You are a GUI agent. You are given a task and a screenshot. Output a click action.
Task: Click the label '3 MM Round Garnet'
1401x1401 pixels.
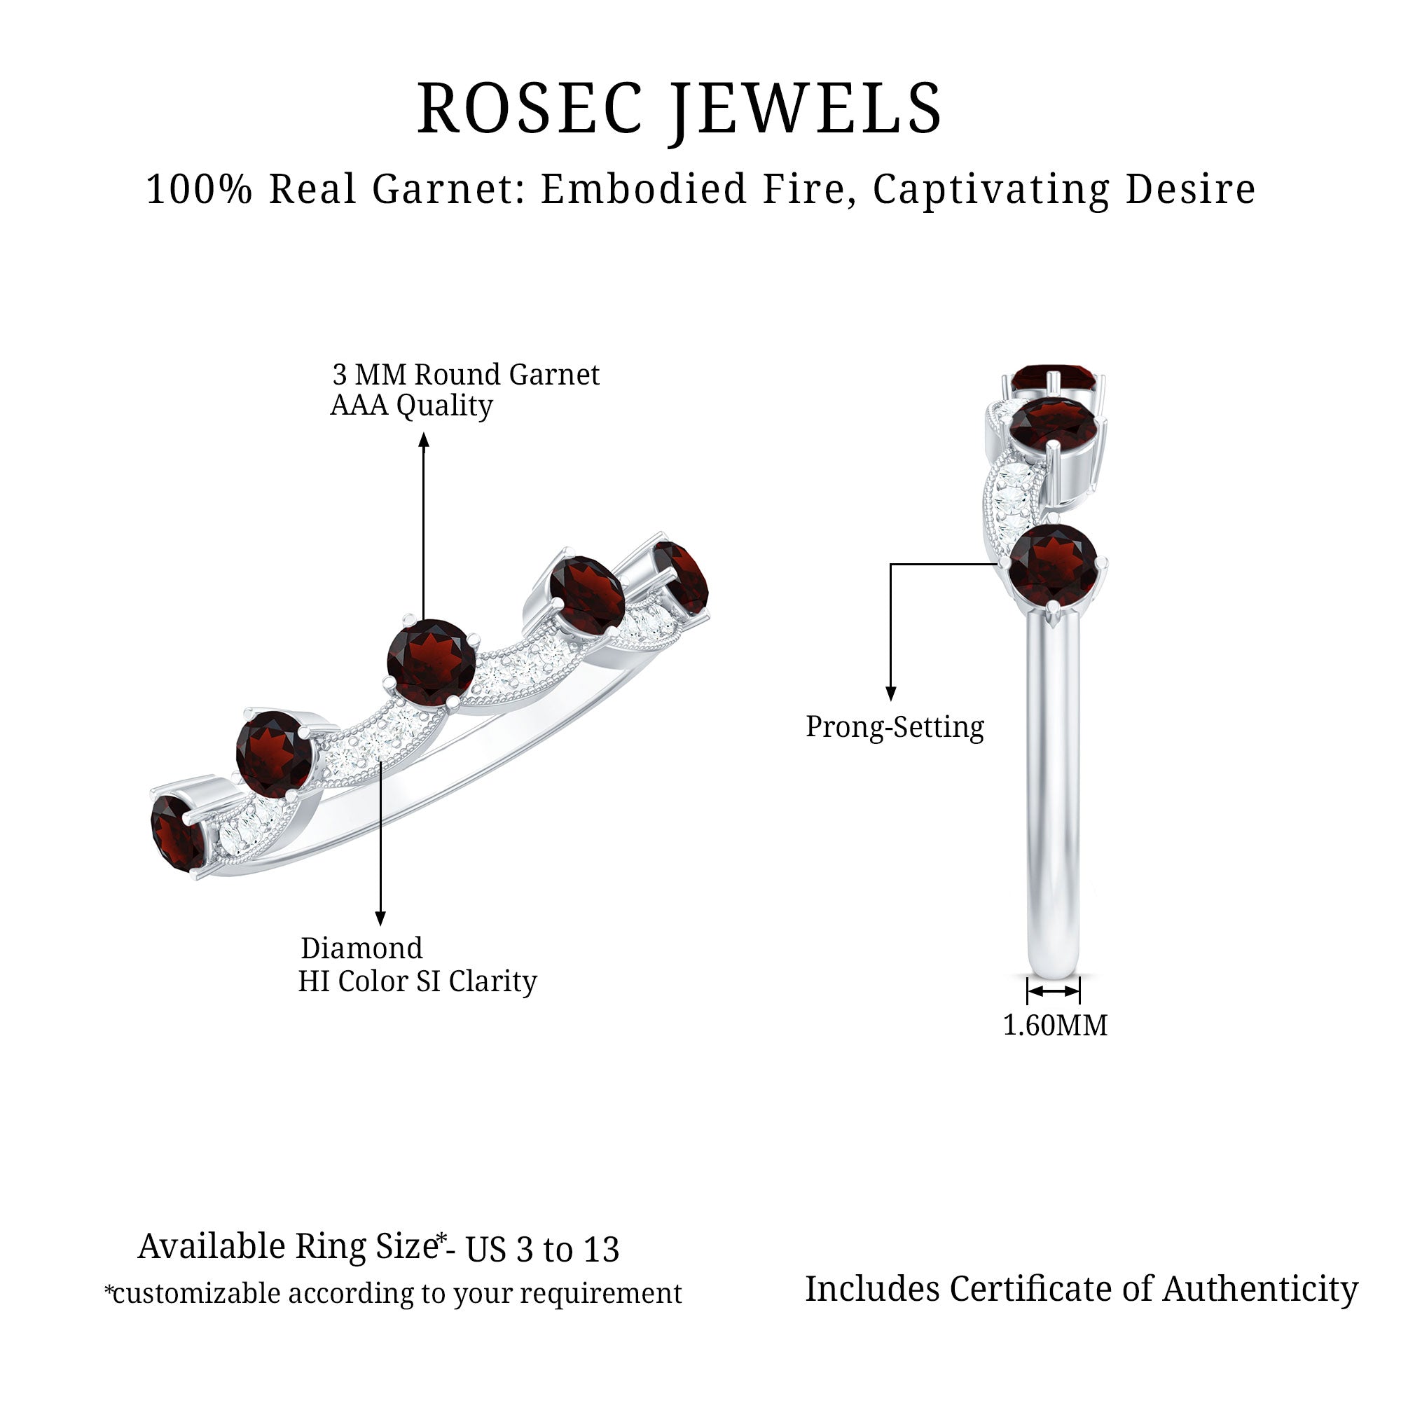(466, 375)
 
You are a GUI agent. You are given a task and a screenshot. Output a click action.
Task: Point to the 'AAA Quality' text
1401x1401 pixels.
(411, 406)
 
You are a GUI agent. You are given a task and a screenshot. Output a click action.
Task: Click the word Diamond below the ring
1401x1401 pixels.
(361, 948)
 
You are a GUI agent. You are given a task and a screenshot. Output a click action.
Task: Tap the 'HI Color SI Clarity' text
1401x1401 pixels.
(417, 981)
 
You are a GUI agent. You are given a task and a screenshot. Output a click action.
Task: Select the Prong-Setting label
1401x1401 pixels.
(895, 726)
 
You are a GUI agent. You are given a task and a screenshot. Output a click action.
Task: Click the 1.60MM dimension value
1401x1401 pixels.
(1054, 1026)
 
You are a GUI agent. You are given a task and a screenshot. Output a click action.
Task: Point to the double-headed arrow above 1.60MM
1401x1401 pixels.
(1054, 991)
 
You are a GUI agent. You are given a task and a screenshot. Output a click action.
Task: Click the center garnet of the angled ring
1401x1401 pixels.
(431, 661)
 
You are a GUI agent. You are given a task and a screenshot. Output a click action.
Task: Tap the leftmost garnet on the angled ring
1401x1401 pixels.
(177, 833)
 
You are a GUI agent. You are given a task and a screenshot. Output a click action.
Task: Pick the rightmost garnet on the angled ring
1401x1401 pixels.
(680, 577)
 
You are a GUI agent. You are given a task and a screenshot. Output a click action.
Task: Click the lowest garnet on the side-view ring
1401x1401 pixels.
(1053, 565)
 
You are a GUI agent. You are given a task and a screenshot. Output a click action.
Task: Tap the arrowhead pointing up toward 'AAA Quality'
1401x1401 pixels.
(425, 439)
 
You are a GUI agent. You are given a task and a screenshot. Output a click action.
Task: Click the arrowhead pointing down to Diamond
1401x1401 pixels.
(380, 919)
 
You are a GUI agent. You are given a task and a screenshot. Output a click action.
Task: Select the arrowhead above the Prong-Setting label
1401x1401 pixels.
(891, 694)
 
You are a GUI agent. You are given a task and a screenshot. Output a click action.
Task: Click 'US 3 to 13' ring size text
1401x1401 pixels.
(542, 1250)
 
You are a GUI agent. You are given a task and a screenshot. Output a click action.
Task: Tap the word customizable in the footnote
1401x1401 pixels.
(196, 1294)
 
